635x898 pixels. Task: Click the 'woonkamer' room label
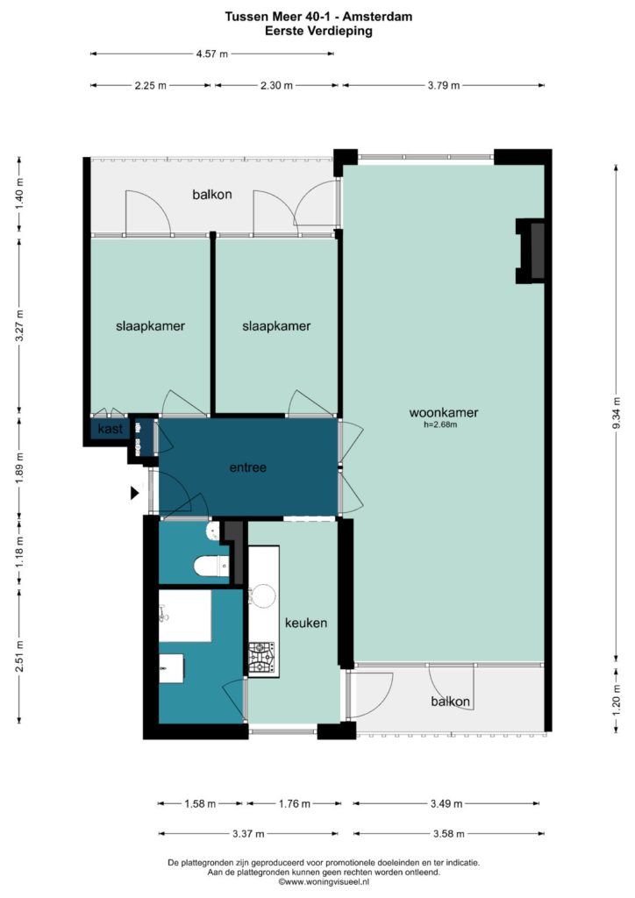coord(443,412)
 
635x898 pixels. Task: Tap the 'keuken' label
coord(306,623)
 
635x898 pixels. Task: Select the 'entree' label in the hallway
coord(248,467)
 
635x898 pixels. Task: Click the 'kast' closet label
coord(110,428)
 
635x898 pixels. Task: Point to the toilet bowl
coord(211,567)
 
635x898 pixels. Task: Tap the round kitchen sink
coord(263,595)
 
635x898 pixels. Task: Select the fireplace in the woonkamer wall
coord(531,251)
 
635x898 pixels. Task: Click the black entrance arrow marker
coord(134,493)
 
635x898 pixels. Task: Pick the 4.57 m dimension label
coord(212,53)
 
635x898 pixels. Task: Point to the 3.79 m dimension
coord(444,85)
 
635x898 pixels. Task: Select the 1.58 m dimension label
coord(200,803)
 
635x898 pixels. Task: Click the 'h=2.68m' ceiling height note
coord(440,425)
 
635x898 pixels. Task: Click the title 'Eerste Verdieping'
coord(318,31)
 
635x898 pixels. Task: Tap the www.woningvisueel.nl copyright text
coord(324,882)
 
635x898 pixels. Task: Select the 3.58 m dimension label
coord(448,833)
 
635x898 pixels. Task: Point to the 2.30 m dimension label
coord(276,85)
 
